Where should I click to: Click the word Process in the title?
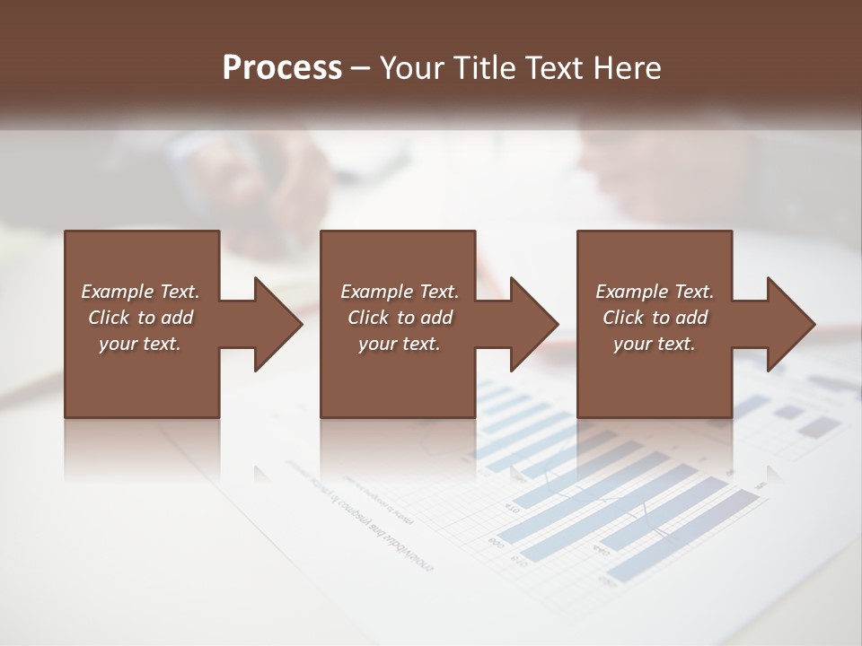282,68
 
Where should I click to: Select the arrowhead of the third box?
790,324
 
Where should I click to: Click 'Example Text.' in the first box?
140,292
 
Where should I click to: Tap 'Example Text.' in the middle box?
400,292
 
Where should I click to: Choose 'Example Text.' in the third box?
655,292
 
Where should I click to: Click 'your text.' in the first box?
140,344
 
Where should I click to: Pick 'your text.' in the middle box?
400,344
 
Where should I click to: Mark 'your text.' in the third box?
655,344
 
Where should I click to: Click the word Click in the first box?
109,318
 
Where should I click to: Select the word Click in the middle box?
368,318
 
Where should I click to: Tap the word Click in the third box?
623,318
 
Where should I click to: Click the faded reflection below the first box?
142,449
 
